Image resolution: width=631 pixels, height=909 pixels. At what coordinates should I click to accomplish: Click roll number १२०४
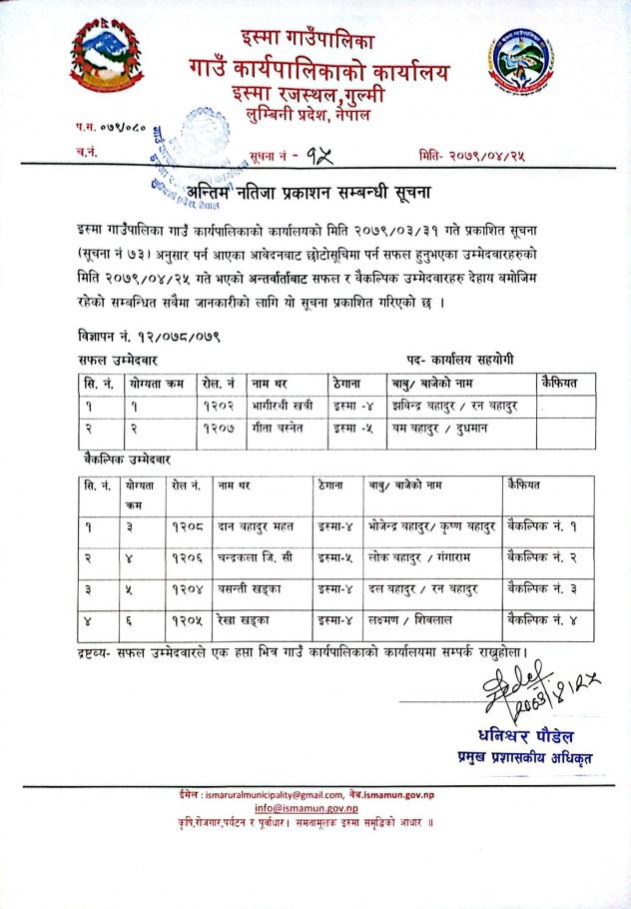click(187, 588)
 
